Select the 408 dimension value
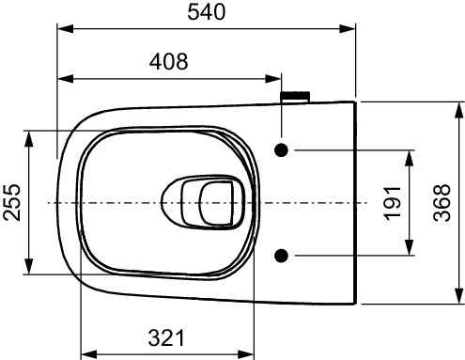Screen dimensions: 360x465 [x=169, y=62]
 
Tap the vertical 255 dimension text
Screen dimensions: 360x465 [x=12, y=201]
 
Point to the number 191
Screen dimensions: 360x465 [x=393, y=201]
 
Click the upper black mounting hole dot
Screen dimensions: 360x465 [x=282, y=150]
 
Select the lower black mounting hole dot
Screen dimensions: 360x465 [x=282, y=254]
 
